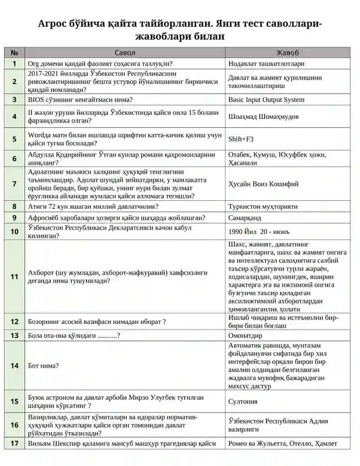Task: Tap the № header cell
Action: pyautogui.click(x=14, y=53)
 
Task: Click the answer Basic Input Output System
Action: pyautogui.click(x=266, y=100)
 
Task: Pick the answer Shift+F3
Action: pyautogui.click(x=241, y=139)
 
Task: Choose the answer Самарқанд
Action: pyautogui.click(x=245, y=218)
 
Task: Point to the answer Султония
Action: pyautogui.click(x=243, y=402)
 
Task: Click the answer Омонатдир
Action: pyautogui.click(x=245, y=335)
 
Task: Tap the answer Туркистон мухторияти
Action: pyautogui.click(x=263, y=207)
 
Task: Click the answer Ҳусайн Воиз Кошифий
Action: pyautogui.click(x=263, y=184)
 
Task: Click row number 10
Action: pyautogui.click(x=14, y=232)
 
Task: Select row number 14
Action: pyautogui.click(x=14, y=366)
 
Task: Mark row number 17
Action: pyautogui.click(x=14, y=443)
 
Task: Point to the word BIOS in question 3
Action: pyautogui.click(x=36, y=100)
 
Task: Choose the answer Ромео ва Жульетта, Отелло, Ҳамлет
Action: pyautogui.click(x=283, y=443)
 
